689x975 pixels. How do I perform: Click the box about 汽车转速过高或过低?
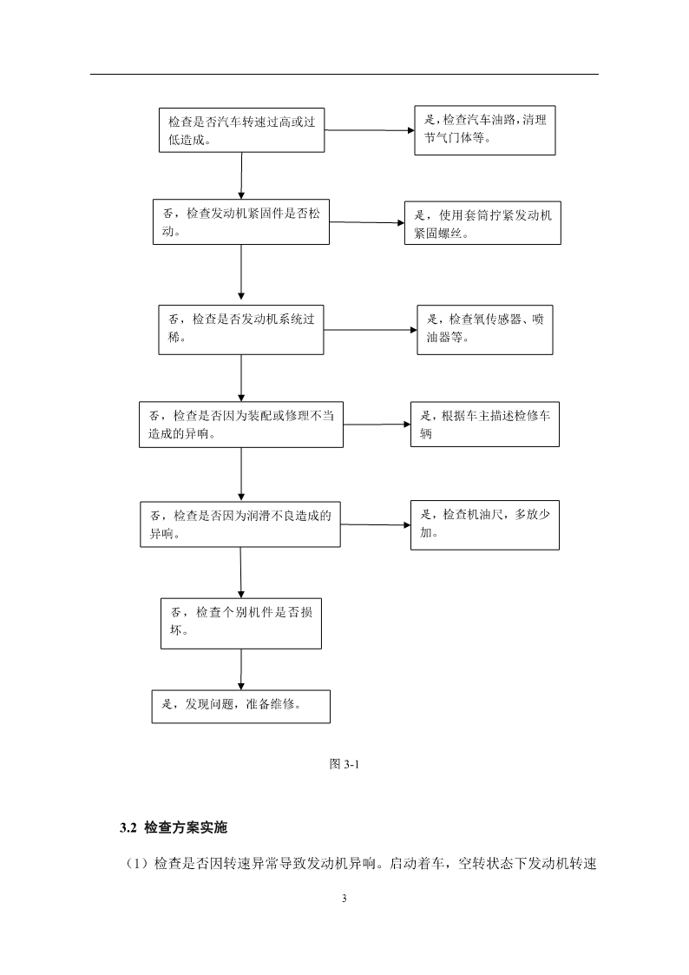click(x=242, y=130)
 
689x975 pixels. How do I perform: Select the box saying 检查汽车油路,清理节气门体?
click(x=485, y=130)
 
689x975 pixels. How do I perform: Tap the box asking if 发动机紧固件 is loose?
click(x=241, y=222)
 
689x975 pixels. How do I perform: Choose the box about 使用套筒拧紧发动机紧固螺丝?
click(x=482, y=222)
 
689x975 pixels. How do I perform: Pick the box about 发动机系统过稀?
click(x=241, y=330)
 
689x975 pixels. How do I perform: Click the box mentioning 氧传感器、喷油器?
click(x=485, y=330)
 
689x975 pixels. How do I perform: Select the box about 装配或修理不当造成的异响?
click(x=241, y=425)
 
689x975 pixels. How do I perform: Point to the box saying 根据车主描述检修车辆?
click(x=485, y=424)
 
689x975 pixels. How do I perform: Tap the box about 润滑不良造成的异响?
click(x=240, y=524)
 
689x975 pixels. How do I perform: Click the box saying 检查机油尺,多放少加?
click(x=485, y=524)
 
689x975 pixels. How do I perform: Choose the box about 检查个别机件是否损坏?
click(x=241, y=623)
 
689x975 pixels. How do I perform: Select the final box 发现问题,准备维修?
click(x=241, y=707)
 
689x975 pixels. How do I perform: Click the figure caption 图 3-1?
click(x=344, y=763)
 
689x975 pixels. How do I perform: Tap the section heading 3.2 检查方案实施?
click(x=174, y=827)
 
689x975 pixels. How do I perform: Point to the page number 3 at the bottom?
click(x=344, y=898)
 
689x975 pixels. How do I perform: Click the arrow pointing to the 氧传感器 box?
click(x=371, y=330)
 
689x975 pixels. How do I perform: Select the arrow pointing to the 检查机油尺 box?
click(x=375, y=524)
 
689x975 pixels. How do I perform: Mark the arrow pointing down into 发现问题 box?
click(x=241, y=669)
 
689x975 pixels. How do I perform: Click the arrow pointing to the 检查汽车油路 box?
click(x=370, y=130)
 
